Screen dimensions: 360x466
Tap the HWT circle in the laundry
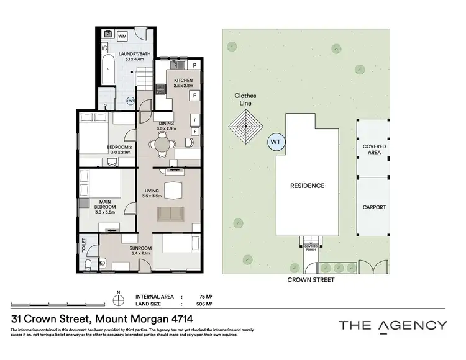(x=130, y=101)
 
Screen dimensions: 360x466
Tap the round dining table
(x=161, y=145)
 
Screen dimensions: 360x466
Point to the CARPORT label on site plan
(x=374, y=207)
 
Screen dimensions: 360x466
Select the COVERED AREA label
(x=374, y=150)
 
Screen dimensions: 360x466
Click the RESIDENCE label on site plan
(x=308, y=186)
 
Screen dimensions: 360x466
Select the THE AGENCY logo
(x=392, y=325)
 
